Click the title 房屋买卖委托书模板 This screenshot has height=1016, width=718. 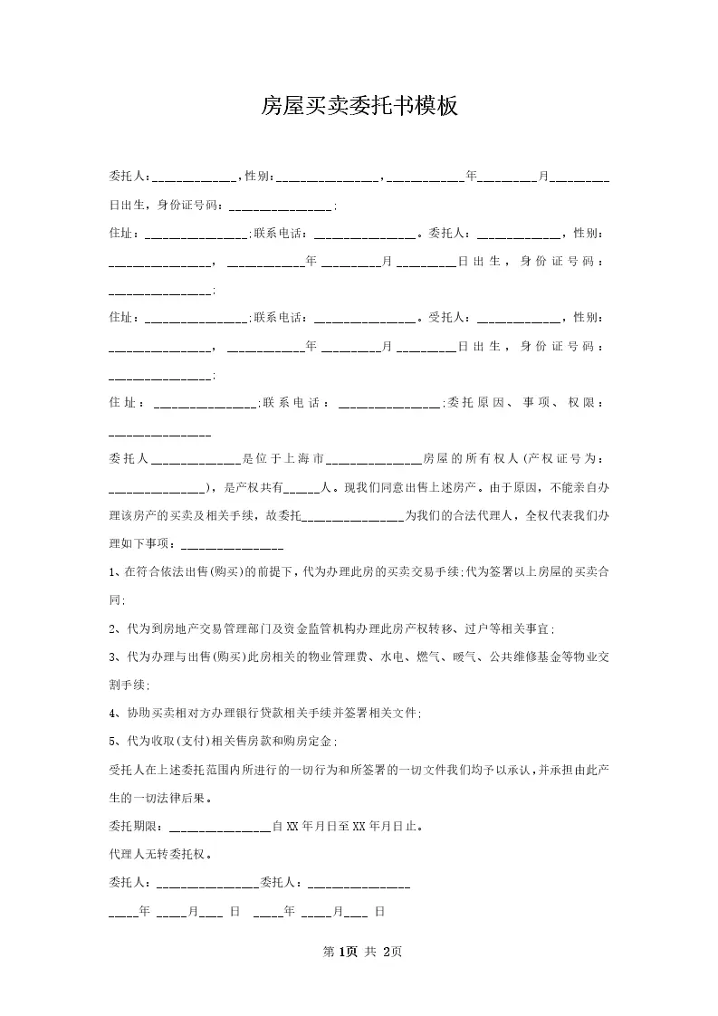click(x=359, y=107)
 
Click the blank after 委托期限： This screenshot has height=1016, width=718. click(x=220, y=826)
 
